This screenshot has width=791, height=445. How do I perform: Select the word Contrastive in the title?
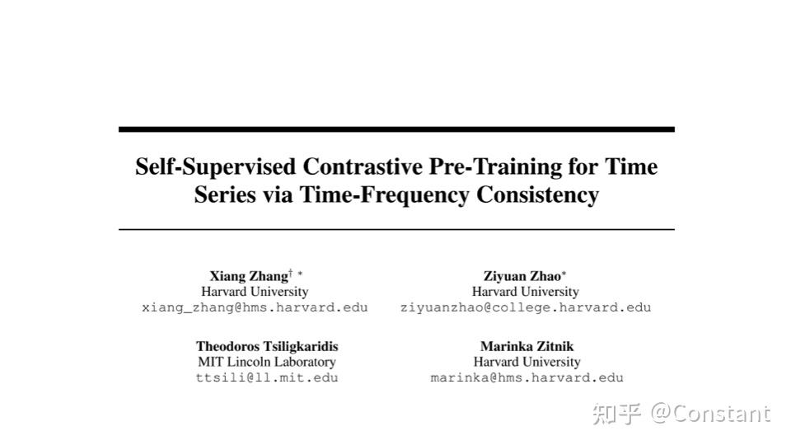click(363, 167)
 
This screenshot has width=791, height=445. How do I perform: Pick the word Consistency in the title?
click(537, 195)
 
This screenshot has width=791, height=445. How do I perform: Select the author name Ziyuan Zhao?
click(522, 276)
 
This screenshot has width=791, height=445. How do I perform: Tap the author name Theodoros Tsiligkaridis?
click(267, 346)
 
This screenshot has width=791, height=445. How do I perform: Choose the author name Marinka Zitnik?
click(527, 346)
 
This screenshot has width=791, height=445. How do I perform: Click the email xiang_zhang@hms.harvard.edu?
click(255, 307)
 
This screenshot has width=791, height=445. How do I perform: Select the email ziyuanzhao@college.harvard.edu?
click(526, 307)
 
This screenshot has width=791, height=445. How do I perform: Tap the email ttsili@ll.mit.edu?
click(267, 377)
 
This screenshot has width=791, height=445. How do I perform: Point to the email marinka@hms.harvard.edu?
click(527, 377)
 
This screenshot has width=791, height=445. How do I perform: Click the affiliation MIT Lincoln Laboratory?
click(267, 362)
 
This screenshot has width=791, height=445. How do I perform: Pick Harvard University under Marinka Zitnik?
click(527, 362)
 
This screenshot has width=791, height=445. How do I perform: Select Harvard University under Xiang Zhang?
click(255, 292)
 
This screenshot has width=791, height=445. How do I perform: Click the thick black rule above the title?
click(396, 129)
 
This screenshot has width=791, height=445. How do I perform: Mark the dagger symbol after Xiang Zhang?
click(290, 273)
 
